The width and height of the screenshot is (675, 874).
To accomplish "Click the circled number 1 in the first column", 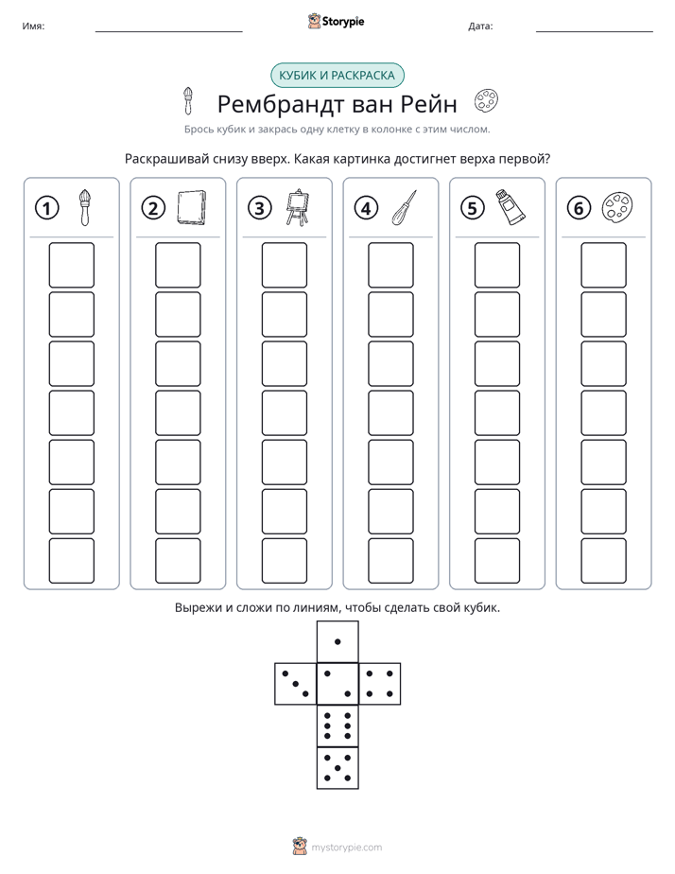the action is click(x=46, y=208).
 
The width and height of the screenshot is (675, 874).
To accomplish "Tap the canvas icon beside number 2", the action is click(x=191, y=207).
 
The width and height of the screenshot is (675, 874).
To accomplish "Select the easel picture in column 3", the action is click(x=298, y=207).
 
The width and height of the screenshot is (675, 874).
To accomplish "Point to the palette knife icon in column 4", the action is click(x=405, y=207).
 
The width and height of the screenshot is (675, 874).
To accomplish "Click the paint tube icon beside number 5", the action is click(x=511, y=207).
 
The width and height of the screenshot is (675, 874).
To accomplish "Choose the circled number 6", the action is click(x=579, y=208).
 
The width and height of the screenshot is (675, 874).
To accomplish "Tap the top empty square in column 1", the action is click(x=71, y=265).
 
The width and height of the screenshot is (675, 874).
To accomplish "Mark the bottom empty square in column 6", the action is click(x=604, y=561).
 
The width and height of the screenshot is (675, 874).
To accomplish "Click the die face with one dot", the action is click(x=337, y=641).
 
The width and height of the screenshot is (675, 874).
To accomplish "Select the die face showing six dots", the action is click(x=337, y=725).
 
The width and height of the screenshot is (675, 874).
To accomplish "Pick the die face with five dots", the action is click(x=337, y=767).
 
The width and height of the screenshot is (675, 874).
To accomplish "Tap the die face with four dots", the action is click(x=380, y=684).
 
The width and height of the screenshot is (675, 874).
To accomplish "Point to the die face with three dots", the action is click(x=296, y=684).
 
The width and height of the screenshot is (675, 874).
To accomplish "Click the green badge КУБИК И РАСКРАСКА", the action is click(x=337, y=76).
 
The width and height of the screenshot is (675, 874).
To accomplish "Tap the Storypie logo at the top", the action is click(x=336, y=21).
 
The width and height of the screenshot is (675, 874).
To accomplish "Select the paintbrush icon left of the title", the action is click(x=188, y=101).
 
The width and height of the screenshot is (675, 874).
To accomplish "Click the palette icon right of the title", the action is click(x=486, y=101).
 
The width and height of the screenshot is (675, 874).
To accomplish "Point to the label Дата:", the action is click(x=480, y=26).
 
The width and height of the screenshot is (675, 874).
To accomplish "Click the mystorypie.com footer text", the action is click(x=346, y=848).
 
